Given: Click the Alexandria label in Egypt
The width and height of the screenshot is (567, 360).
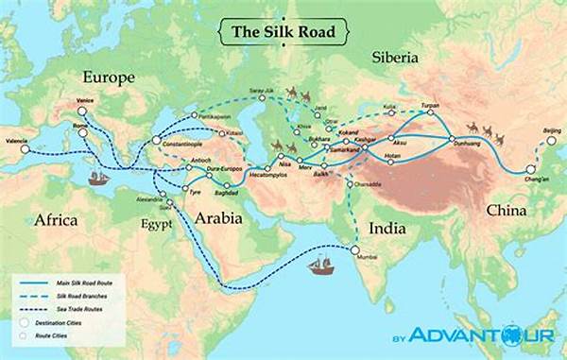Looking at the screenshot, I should tap(151, 200).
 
